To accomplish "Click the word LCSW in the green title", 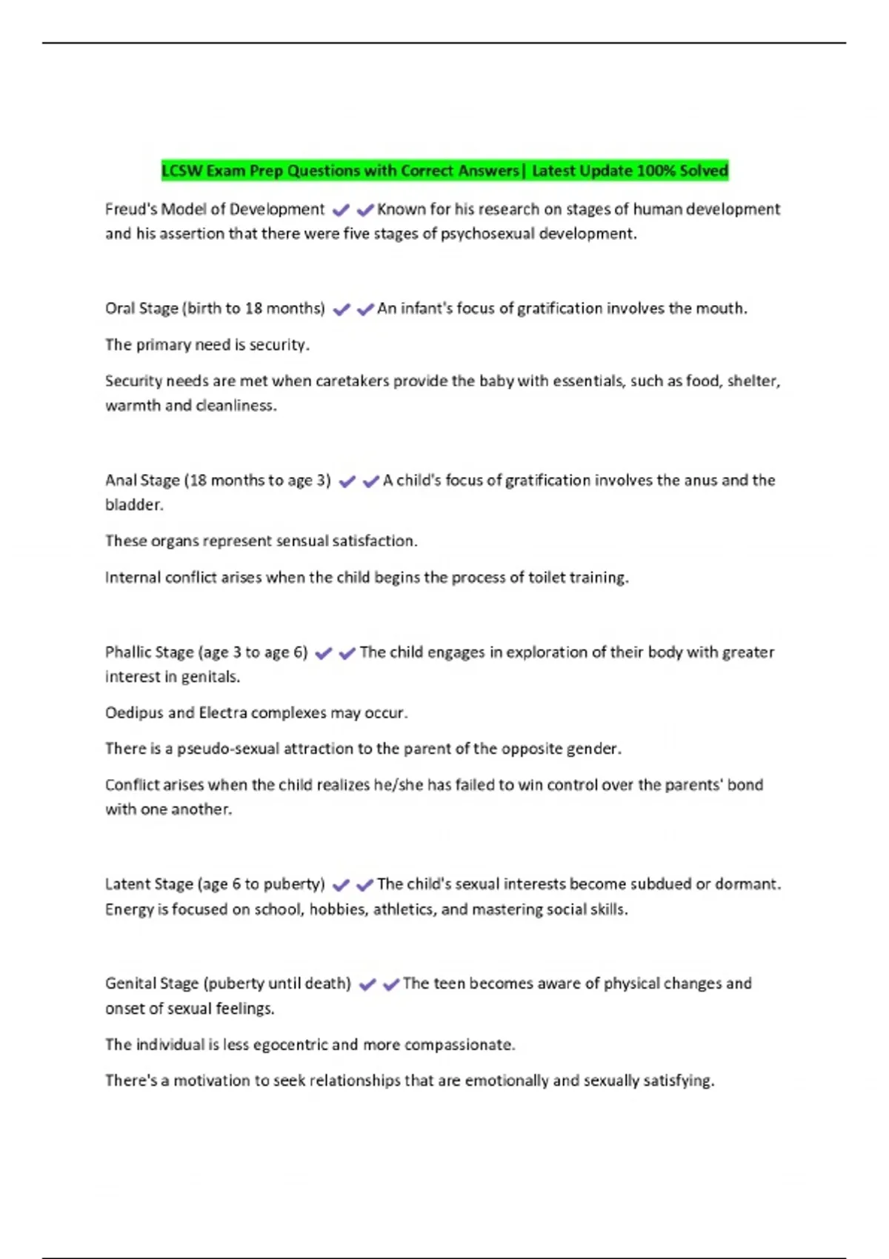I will click(182, 171).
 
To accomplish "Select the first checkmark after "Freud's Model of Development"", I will click(341, 210).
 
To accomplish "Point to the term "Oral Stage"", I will click(141, 309).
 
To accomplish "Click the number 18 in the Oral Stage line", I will click(253, 309).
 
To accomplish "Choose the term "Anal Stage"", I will click(142, 481).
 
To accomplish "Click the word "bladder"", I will click(133, 505).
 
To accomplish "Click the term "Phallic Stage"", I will click(149, 652).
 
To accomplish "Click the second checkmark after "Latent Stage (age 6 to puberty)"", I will click(364, 885).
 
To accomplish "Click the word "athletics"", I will click(403, 909).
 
